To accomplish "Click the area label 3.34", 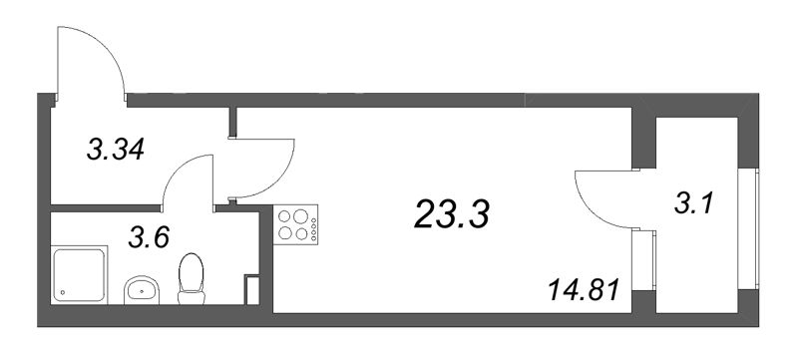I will (x=117, y=151).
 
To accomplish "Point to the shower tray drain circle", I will (x=63, y=292).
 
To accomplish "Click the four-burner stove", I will (x=294, y=225).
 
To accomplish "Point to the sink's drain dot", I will (x=142, y=292).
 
